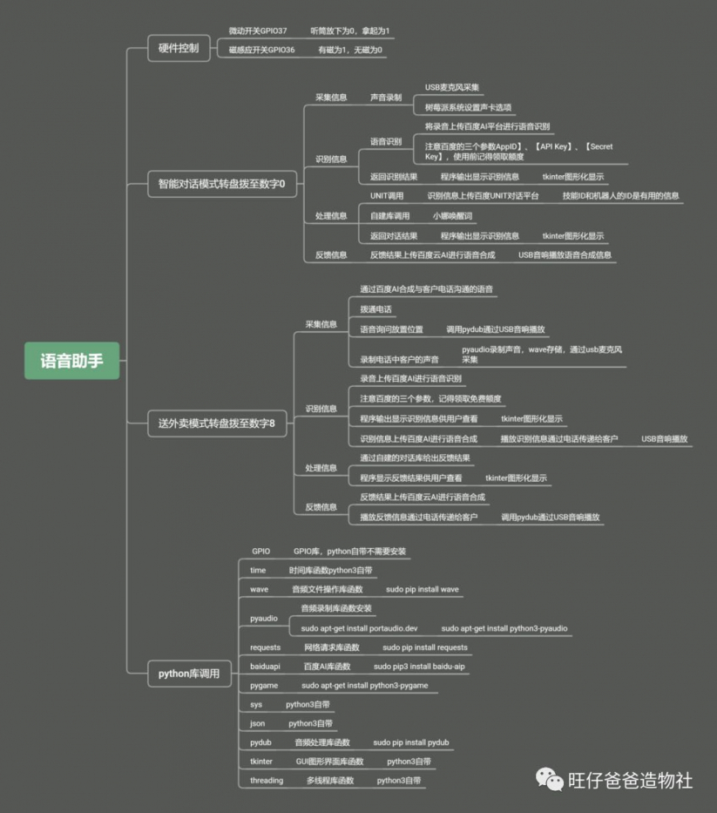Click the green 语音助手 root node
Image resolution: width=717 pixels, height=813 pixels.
click(71, 361)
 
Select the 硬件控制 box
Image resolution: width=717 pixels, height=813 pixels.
click(179, 48)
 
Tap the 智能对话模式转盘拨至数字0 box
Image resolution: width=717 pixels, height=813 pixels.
click(222, 184)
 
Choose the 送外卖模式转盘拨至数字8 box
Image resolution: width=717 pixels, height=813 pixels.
click(217, 423)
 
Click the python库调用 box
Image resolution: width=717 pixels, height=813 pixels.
click(189, 674)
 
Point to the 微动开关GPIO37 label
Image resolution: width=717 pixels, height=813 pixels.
click(258, 31)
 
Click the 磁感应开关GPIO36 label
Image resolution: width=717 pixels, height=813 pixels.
click(262, 50)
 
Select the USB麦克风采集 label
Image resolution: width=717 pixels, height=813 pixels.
click(452, 87)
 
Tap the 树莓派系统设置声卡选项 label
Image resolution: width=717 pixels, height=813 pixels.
click(468, 107)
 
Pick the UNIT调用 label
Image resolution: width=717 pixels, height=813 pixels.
click(387, 195)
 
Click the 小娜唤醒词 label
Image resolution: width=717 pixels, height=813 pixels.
click(453, 216)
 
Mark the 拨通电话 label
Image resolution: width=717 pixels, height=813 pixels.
click(375, 309)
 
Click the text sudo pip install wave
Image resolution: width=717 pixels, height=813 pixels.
click(422, 589)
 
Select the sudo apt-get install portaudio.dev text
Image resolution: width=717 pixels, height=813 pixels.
click(359, 628)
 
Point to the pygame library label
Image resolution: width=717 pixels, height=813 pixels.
click(264, 686)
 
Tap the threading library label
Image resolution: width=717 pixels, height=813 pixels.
click(267, 781)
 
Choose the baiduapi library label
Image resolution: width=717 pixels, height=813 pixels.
click(265, 667)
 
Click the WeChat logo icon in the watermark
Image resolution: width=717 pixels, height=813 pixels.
click(549, 779)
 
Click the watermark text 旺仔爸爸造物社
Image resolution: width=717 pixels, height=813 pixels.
click(631, 781)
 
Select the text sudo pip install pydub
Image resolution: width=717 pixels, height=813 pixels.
click(411, 742)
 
